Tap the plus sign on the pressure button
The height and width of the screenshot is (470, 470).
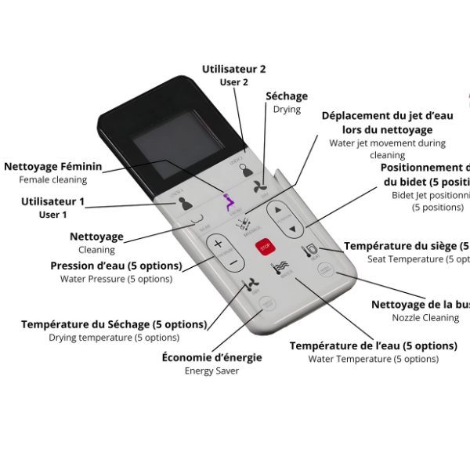coord(219,244)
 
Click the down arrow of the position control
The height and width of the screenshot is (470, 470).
coord(291,230)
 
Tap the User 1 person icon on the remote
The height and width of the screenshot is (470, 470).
coord(184,203)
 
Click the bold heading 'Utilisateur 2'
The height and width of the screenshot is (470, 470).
coord(233,69)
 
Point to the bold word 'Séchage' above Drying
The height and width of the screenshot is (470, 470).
coord(287,96)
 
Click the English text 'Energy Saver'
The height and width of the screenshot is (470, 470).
coord(211,371)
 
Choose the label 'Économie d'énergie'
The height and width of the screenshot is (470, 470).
coord(211,357)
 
